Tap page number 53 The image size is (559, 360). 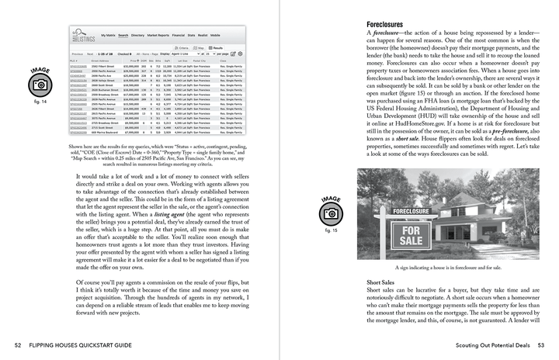point(540,344)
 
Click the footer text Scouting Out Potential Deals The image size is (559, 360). point(481,344)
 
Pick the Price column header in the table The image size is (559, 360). point(134,60)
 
